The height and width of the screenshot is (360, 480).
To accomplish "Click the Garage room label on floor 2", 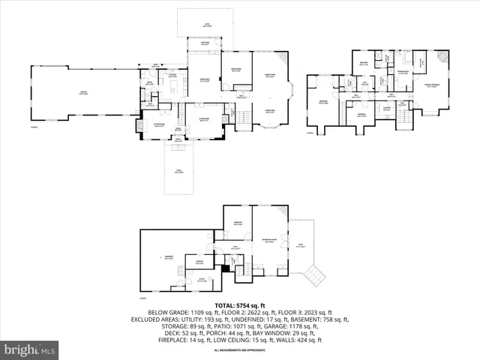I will tap(83, 92).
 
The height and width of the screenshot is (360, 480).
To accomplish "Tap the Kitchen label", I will tap(172, 75).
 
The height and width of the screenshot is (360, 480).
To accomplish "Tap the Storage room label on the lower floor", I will tap(200, 262).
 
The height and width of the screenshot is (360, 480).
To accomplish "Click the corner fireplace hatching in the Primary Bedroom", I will tap(442, 56).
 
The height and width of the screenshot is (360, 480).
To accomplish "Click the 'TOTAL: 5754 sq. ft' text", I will tap(240, 305).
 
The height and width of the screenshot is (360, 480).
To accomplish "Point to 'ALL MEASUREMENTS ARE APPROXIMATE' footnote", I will tap(240, 350).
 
